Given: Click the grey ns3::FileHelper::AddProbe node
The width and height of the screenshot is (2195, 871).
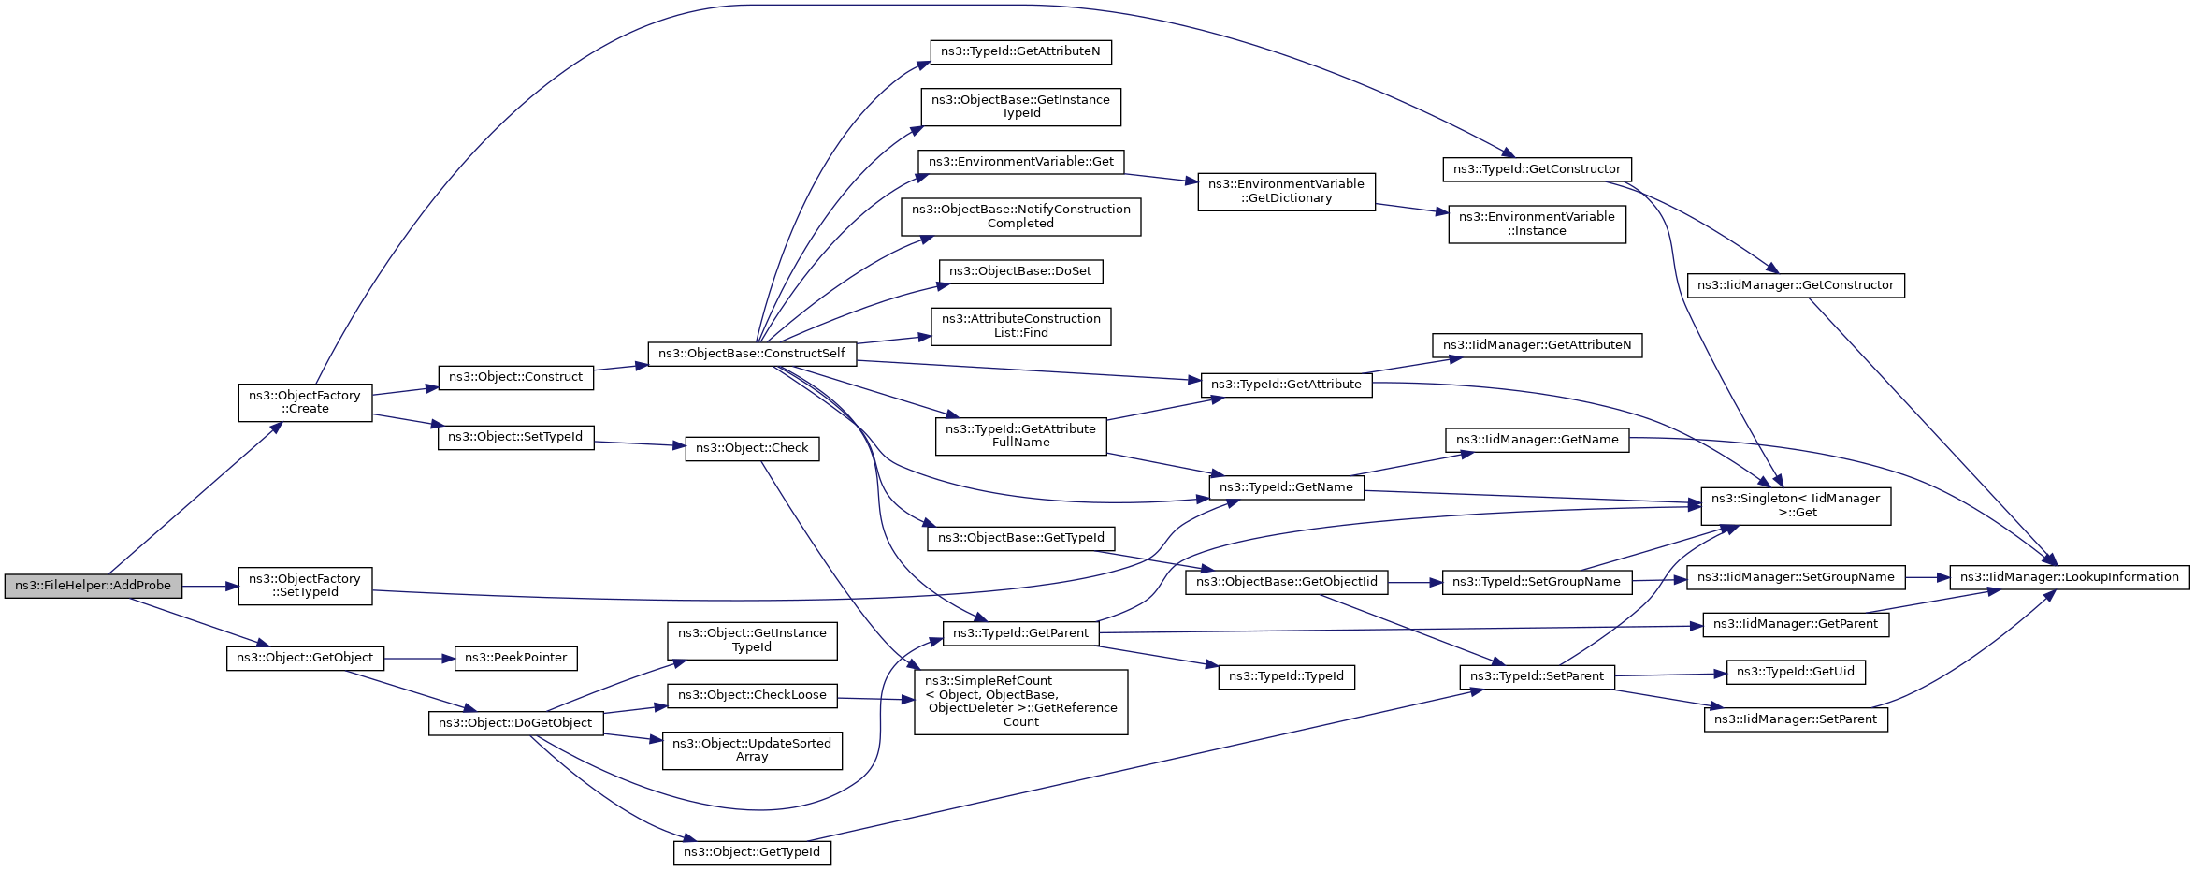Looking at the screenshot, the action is (93, 586).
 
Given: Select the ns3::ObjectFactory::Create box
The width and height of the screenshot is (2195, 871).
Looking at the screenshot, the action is (305, 402).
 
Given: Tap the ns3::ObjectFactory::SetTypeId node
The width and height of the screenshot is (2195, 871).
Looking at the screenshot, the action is (305, 586).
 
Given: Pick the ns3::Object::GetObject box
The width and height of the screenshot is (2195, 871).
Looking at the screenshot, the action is (305, 658).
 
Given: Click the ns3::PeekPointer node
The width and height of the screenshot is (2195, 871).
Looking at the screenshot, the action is (515, 658).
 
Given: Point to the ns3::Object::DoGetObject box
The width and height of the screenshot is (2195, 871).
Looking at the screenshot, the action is (515, 723).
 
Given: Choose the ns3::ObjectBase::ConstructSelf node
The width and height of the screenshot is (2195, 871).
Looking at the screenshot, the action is (752, 354).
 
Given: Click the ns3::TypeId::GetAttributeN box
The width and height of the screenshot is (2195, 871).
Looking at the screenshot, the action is (1020, 51).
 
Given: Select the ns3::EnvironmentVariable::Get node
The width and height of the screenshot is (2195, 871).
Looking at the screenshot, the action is (1021, 162).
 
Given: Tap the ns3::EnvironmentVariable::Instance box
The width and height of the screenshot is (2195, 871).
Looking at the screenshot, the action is (1537, 225).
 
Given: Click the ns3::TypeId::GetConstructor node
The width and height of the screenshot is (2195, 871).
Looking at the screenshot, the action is (1537, 169).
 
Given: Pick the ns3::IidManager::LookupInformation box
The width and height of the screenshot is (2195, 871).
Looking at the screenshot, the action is (2070, 577).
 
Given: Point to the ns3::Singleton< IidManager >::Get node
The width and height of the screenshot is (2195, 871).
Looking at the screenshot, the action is (1796, 506).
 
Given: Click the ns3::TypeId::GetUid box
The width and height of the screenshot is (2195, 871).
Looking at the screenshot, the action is (1796, 672).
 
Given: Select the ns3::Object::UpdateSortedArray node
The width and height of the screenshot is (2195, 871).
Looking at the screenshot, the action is (752, 751).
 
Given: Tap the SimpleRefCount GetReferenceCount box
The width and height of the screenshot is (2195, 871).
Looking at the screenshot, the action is (1020, 702).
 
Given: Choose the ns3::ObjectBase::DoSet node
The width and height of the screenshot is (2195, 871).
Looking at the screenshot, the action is (1020, 271).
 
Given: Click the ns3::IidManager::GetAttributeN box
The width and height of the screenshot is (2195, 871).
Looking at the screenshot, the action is (1537, 345).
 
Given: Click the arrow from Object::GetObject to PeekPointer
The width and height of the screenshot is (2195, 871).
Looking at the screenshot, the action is (419, 659).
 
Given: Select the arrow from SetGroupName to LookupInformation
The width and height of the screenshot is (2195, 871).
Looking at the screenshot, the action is (1928, 577).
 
